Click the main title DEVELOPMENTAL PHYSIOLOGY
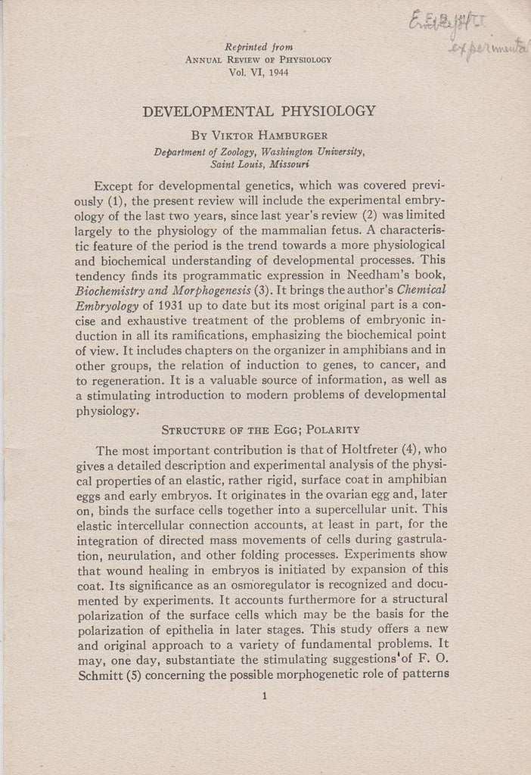click(x=259, y=111)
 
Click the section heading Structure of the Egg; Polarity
click(x=260, y=430)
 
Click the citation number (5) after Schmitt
click(x=141, y=674)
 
